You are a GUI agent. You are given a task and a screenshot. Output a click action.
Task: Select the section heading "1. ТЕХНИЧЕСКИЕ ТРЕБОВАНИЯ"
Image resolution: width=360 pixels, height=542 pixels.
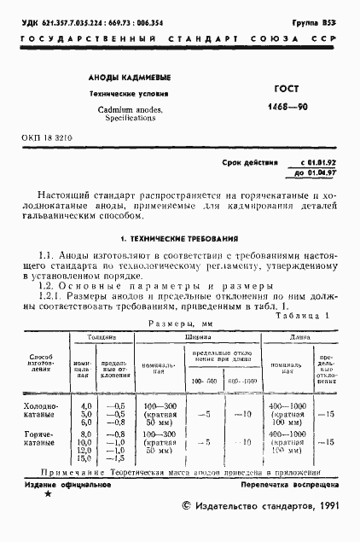point(179,239)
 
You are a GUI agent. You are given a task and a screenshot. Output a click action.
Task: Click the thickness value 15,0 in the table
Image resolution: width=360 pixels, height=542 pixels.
point(85,460)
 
